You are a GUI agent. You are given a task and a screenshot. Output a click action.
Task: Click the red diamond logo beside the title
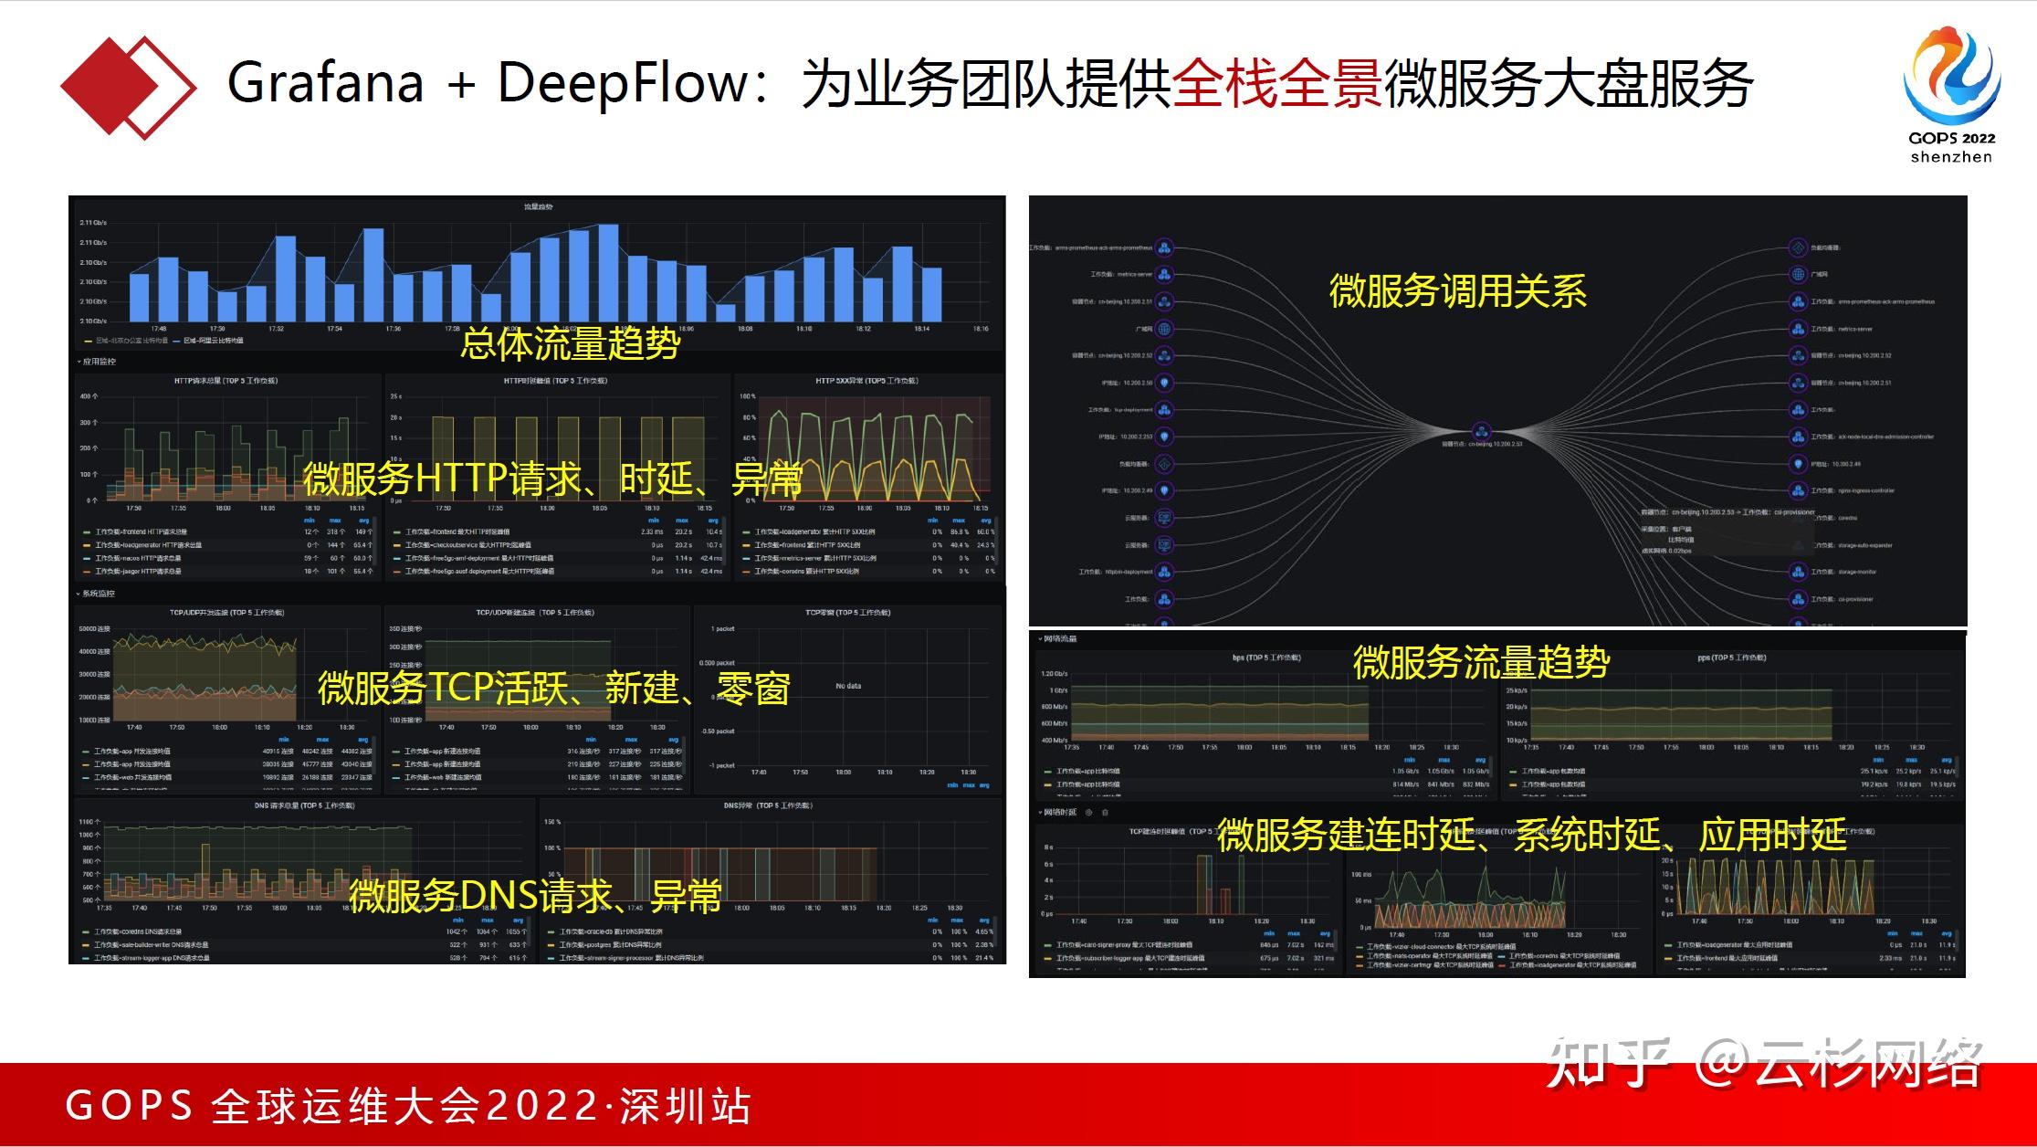tap(128, 87)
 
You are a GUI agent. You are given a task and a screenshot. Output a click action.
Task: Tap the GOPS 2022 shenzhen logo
tap(1951, 95)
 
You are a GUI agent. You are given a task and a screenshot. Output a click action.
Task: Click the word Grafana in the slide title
tap(325, 83)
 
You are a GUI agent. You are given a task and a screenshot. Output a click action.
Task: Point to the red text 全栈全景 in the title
tap(1276, 84)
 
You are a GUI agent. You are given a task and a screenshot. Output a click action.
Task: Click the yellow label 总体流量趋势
tap(571, 343)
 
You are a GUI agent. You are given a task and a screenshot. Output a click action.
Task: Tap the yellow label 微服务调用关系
tap(1457, 291)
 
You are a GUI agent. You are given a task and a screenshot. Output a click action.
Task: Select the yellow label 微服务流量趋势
tap(1480, 662)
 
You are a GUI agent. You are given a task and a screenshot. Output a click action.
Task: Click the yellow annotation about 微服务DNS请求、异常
tap(535, 896)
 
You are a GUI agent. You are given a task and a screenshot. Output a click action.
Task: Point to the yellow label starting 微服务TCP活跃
tap(553, 688)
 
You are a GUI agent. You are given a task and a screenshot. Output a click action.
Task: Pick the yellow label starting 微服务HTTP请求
tap(552, 478)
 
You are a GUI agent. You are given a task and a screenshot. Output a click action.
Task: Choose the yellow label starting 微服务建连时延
tap(1531, 835)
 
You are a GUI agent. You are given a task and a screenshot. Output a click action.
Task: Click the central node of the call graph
tap(1481, 430)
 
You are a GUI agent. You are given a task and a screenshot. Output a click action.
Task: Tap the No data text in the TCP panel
tap(848, 686)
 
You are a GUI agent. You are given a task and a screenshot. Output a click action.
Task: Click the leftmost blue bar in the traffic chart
tap(139, 297)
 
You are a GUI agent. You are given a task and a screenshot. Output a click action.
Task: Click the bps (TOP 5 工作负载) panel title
tap(1266, 658)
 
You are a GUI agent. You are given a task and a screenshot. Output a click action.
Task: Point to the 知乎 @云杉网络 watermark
tap(1763, 1065)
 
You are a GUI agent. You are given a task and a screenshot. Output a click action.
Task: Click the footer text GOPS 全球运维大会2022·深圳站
tap(408, 1106)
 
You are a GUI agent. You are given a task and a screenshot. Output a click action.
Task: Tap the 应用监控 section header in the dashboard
tap(99, 362)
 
